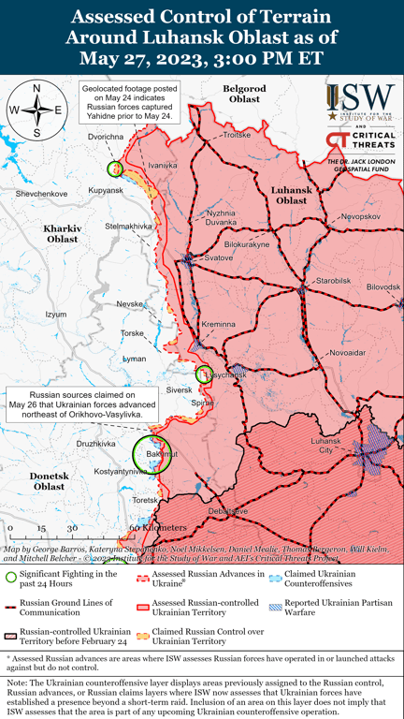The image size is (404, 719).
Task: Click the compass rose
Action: (x=36, y=110)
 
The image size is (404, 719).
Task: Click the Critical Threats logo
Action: (x=360, y=142)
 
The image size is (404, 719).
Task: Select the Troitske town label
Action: (x=238, y=135)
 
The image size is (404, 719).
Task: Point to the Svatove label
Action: (x=218, y=257)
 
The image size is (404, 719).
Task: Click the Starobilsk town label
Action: (x=333, y=280)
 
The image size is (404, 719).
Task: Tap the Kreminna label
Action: (x=219, y=324)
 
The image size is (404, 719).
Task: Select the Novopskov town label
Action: (x=361, y=216)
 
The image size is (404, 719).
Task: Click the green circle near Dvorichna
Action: (x=115, y=169)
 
